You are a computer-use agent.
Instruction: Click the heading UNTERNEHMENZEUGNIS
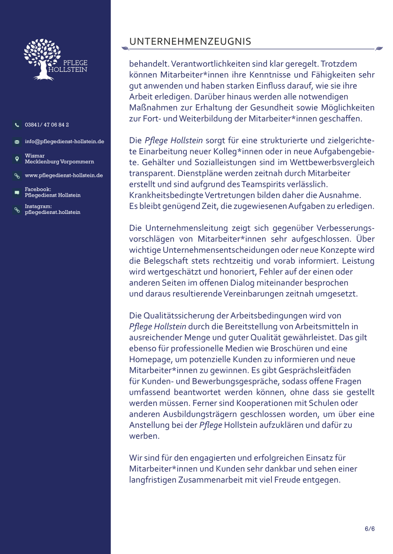point(190,42)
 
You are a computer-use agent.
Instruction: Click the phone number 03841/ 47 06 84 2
point(47,125)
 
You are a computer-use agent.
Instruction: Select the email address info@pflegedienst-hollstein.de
point(64,141)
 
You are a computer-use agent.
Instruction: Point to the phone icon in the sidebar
point(17,125)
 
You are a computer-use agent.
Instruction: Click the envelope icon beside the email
point(17,142)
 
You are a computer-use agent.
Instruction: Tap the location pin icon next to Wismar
point(17,159)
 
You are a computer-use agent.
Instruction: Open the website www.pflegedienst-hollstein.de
point(64,175)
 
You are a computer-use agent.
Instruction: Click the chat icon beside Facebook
point(17,192)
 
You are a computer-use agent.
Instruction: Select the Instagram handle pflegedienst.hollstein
point(53,212)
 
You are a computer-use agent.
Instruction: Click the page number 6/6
point(370,529)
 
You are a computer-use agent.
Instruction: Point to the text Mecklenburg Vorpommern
point(59,161)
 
